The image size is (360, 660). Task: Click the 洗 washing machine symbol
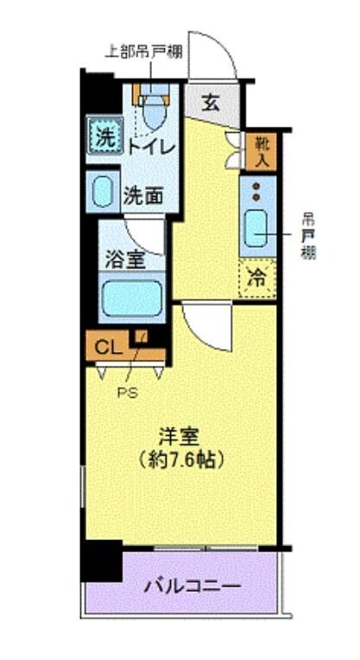104,135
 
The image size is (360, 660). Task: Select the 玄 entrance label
209,103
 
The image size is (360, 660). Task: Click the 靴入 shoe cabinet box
260,150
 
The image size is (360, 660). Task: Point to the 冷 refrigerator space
258,279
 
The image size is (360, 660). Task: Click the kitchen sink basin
257,227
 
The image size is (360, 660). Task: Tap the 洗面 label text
142,195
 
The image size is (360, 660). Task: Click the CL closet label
107,348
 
